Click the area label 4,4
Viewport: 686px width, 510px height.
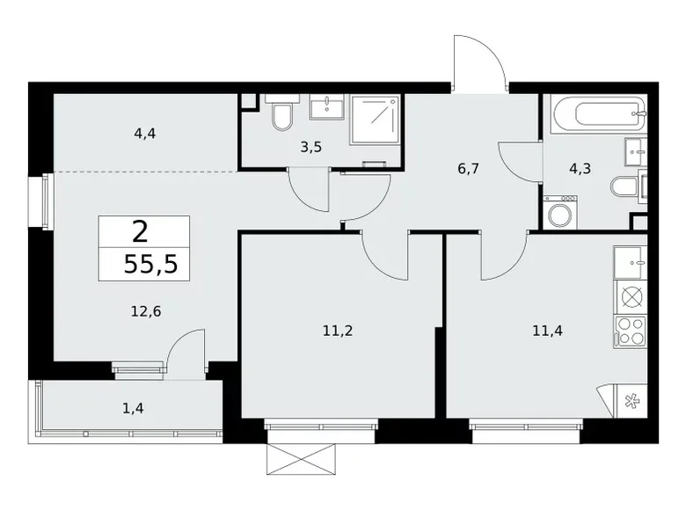pos(146,134)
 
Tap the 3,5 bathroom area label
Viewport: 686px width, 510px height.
pos(310,147)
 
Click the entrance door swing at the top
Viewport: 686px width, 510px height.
pos(479,63)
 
